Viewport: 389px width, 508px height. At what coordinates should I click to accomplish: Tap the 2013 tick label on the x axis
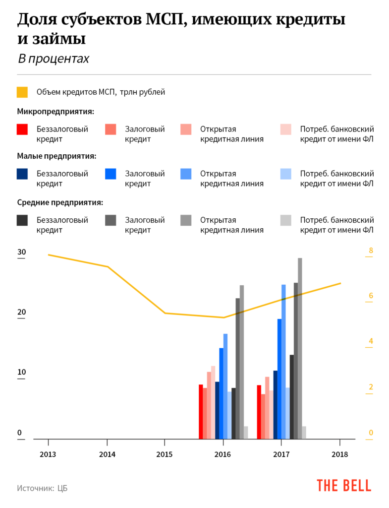48,454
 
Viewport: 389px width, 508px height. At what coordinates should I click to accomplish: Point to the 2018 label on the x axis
340,454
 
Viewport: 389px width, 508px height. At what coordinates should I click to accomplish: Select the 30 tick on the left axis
21,252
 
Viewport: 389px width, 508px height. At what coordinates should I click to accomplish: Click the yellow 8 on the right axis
370,251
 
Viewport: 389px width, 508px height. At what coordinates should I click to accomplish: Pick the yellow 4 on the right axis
370,341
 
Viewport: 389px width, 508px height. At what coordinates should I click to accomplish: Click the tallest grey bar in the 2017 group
300,347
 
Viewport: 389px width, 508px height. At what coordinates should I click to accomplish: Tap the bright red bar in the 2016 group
201,412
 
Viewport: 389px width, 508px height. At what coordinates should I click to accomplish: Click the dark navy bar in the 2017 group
276,404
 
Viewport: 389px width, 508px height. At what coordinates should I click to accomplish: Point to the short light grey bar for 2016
246,433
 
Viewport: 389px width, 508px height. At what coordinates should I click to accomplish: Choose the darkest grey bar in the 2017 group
292,397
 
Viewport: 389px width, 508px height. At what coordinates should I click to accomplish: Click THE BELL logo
343,485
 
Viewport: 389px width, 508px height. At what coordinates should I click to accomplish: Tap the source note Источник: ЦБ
42,488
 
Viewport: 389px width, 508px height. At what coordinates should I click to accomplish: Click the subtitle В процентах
54,59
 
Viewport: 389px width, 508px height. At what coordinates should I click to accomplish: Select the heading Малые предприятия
56,156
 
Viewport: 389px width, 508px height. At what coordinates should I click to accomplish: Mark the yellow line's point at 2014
107,267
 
